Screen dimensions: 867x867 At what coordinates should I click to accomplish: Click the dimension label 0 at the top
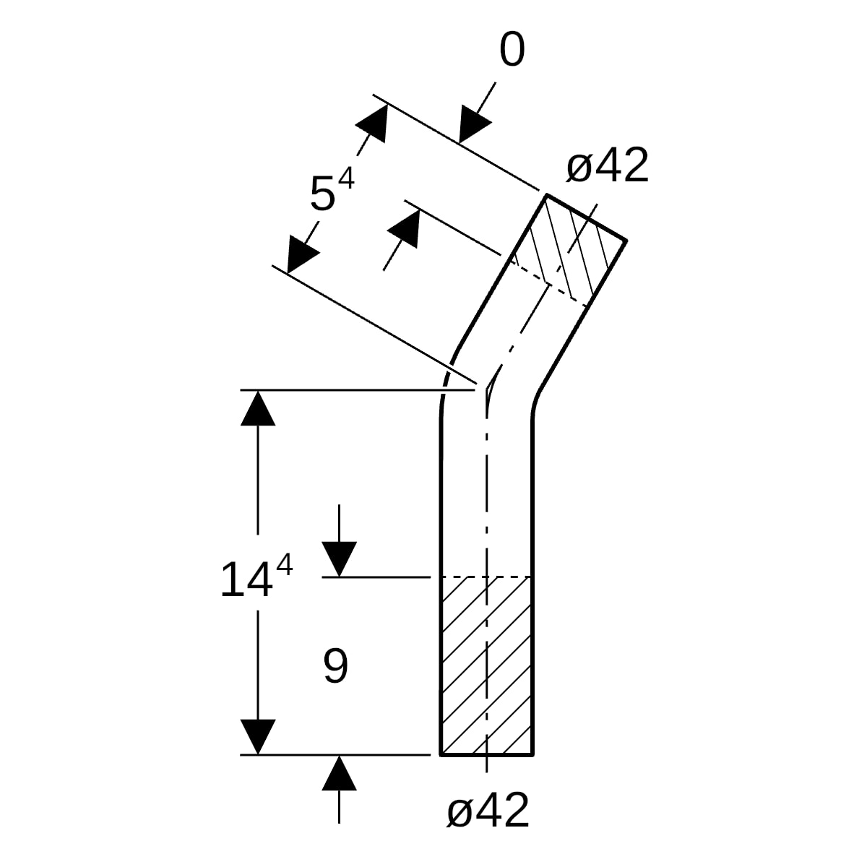point(512,49)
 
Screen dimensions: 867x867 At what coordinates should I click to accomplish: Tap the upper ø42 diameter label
point(608,165)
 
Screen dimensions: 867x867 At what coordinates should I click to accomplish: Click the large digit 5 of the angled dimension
point(322,194)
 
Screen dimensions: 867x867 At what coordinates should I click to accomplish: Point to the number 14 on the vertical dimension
point(246,579)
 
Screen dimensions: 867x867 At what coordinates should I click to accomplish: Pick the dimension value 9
point(336,666)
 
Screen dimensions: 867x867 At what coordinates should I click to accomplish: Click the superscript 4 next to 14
point(285,565)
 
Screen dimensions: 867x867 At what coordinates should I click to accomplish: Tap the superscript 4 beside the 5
point(347,178)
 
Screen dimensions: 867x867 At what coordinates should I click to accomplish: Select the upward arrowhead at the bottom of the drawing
point(340,773)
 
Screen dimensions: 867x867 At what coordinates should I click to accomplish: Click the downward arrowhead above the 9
point(340,558)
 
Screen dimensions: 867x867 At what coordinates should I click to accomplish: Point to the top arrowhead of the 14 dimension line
point(258,408)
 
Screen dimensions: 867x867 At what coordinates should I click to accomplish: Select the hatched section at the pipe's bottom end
point(487,665)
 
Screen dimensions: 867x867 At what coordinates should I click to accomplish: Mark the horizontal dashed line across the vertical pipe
point(486,577)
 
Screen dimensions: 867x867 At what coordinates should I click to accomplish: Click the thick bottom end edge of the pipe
point(486,754)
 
